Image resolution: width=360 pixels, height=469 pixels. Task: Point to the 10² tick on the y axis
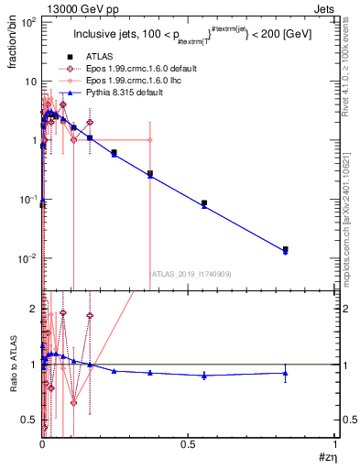28,22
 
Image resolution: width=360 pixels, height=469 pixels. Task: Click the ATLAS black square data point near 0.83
286,249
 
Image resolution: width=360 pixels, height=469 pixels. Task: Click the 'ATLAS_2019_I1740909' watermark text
191,273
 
